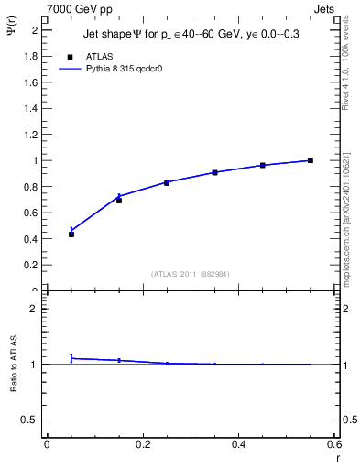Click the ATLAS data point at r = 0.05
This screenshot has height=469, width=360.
tap(71, 234)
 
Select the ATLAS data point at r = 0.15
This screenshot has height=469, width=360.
tap(119, 200)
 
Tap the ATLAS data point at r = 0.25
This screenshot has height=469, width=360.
tap(167, 183)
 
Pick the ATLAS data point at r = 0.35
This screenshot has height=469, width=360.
tap(214, 172)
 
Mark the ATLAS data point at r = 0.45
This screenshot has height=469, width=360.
tap(263, 165)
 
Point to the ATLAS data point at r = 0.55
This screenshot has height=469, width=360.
tap(311, 160)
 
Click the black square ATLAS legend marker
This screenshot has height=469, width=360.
tap(68, 56)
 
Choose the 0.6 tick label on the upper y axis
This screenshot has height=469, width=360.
tap(32, 213)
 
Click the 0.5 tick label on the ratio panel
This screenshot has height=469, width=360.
tap(32, 420)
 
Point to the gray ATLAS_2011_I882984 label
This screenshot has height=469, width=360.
tap(191, 274)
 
